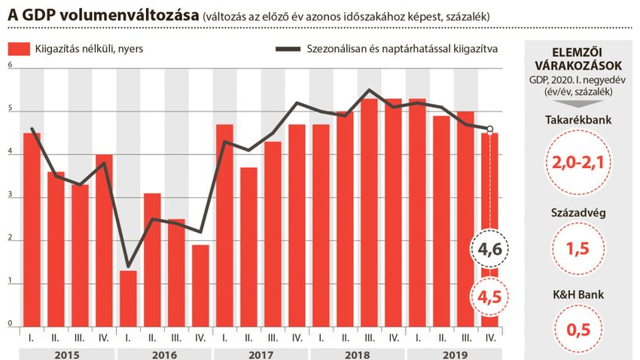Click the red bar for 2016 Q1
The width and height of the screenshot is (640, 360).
click(128, 298)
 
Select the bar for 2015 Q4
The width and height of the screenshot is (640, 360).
click(104, 240)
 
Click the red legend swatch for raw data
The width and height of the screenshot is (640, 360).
click(18, 49)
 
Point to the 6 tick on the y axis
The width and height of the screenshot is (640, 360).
click(11, 66)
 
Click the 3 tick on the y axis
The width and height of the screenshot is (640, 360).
click(11, 195)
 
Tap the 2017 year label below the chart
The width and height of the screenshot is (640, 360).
click(261, 353)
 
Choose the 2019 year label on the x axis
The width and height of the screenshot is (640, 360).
click(454, 353)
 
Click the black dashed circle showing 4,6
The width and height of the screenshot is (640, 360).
click(489, 249)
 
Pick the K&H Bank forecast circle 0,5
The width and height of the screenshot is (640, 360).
click(578, 328)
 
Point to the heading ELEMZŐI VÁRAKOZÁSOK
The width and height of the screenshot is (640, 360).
click(578, 57)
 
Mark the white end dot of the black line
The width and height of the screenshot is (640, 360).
click(490, 129)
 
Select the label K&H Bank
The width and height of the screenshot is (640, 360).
click(578, 294)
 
